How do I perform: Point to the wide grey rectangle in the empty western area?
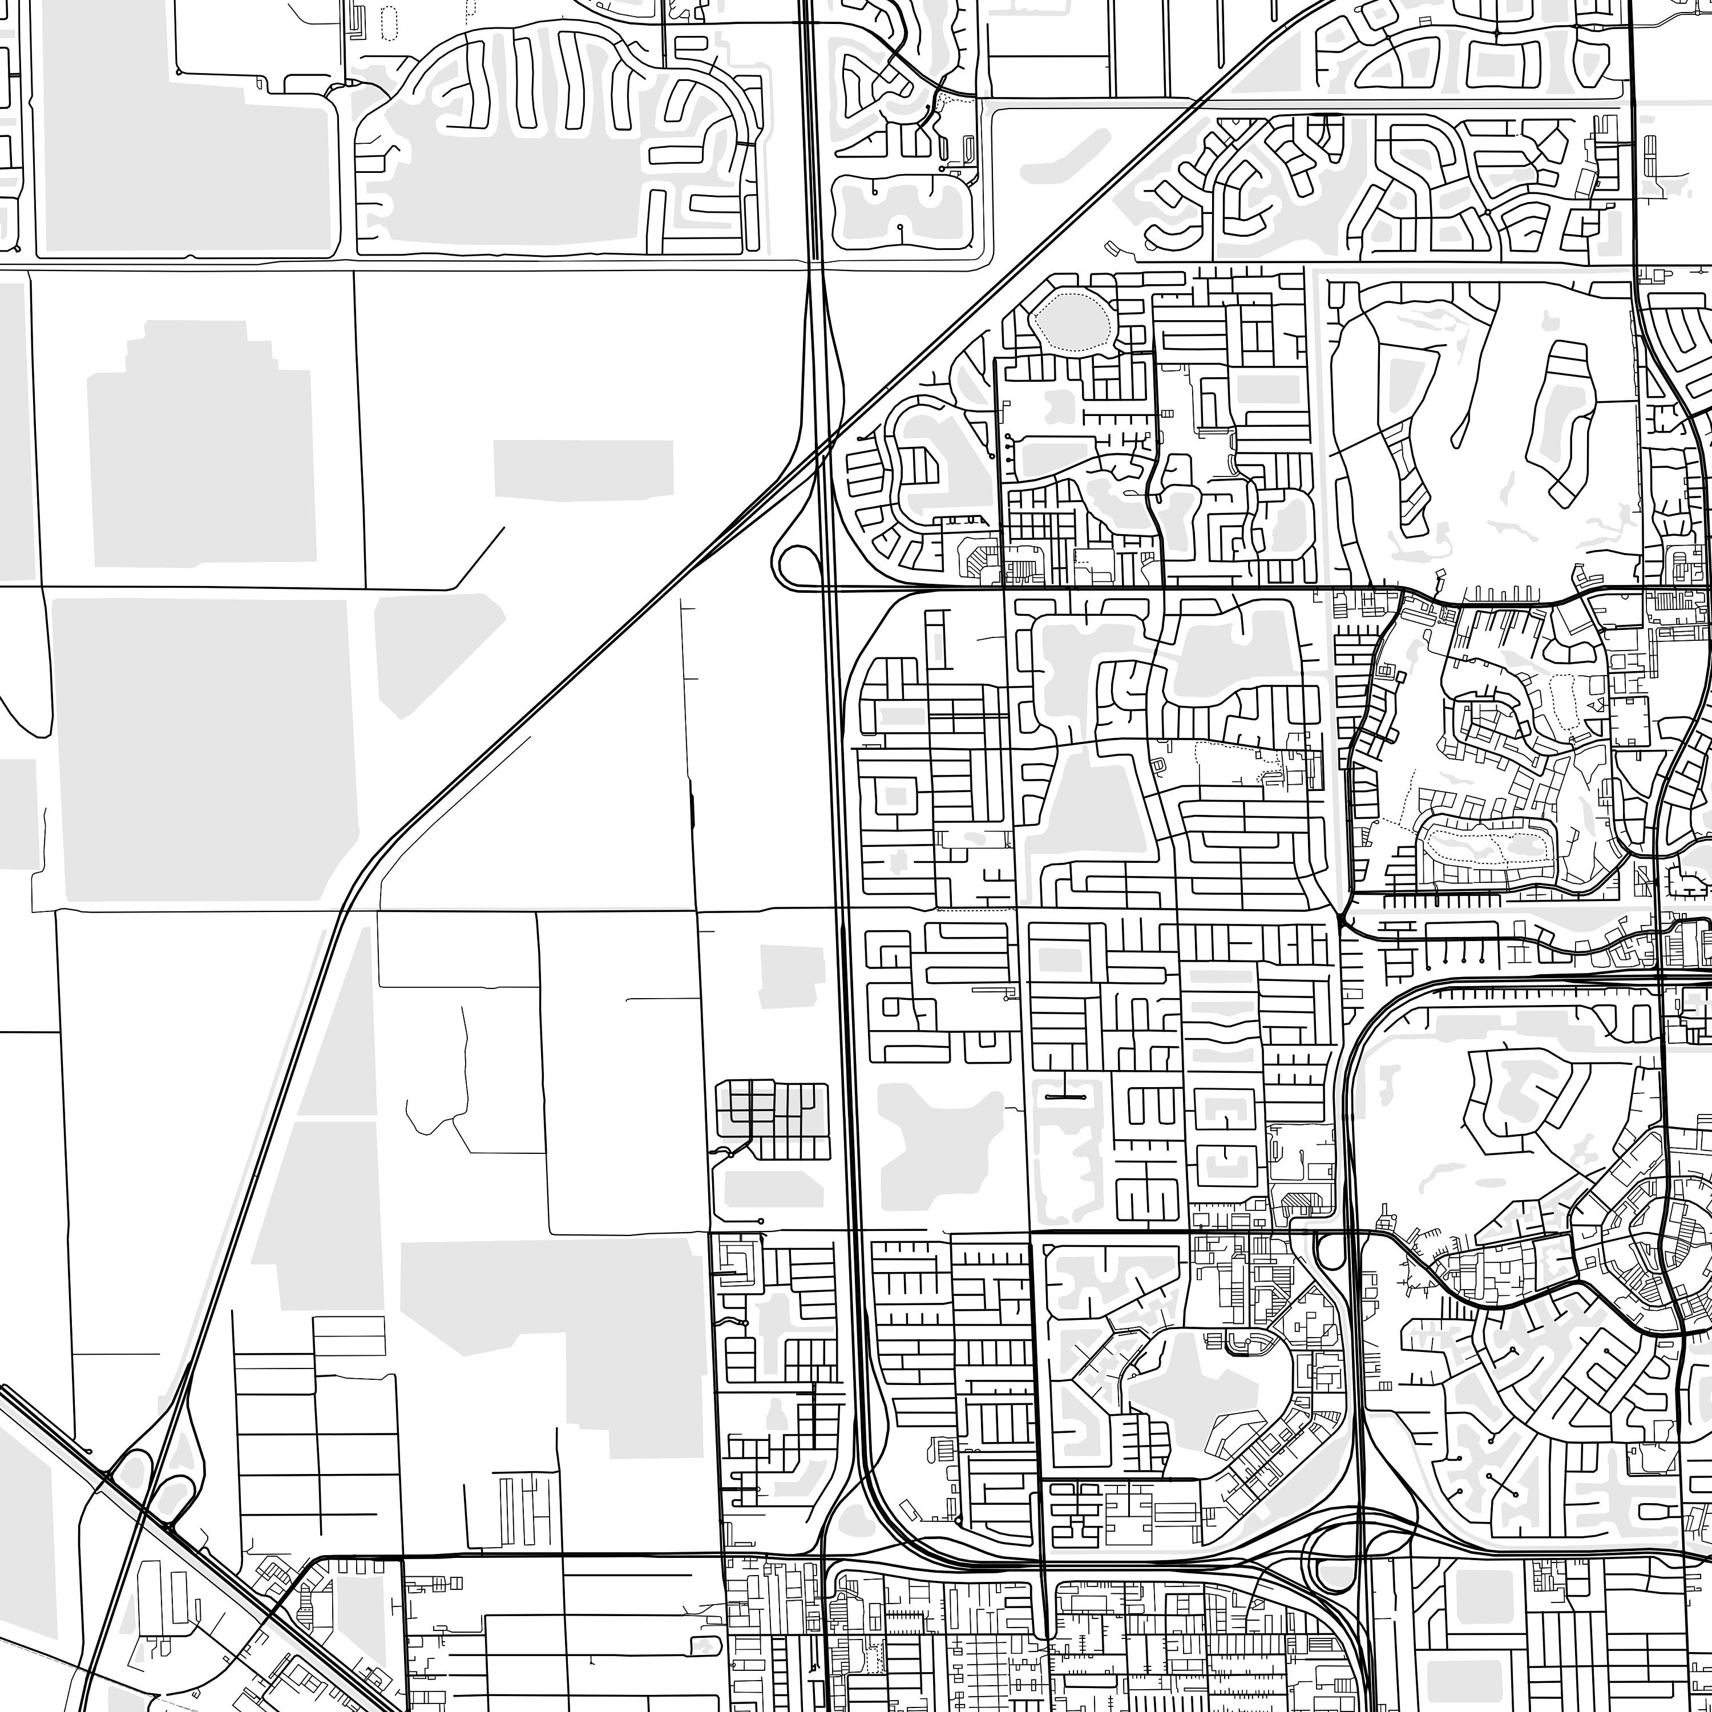582,470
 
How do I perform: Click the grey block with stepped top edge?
200,443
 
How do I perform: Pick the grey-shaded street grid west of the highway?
771,1119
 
